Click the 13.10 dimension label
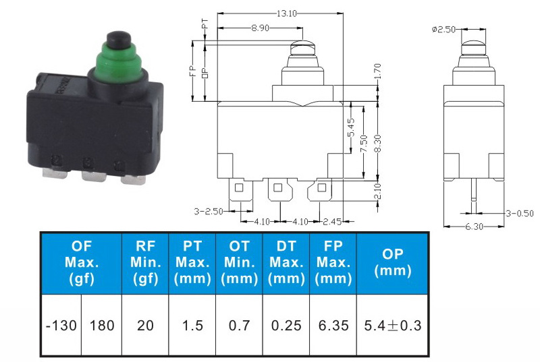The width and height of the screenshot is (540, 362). pyautogui.click(x=287, y=13)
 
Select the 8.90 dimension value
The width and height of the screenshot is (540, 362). pyautogui.click(x=260, y=28)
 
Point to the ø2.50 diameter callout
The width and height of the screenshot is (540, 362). pyautogui.click(x=444, y=30)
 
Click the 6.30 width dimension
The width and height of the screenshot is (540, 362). pyautogui.click(x=475, y=227)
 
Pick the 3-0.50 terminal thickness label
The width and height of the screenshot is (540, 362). pyautogui.click(x=519, y=213)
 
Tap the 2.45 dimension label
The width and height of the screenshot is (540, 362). pyautogui.click(x=332, y=222)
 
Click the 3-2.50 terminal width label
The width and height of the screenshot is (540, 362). pyautogui.click(x=209, y=211)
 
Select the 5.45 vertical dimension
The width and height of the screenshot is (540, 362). pyautogui.click(x=351, y=127)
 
